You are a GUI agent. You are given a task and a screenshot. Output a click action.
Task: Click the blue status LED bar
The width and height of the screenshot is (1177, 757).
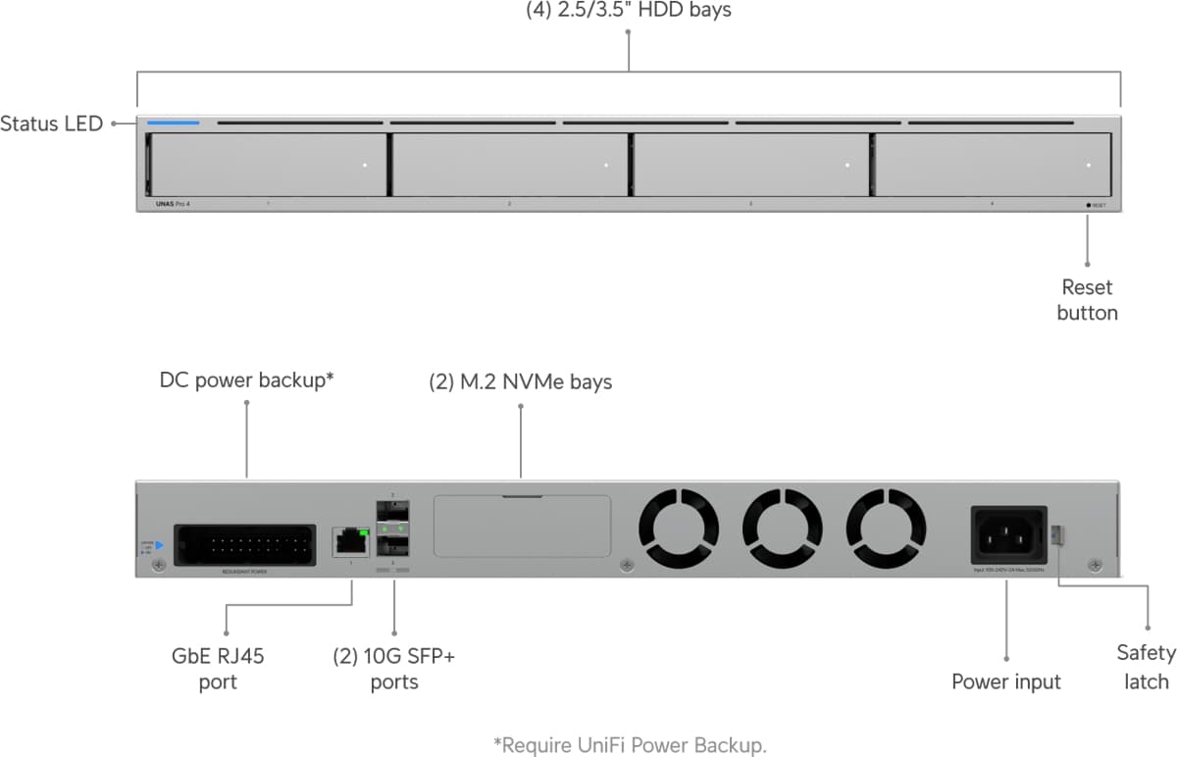coord(174,124)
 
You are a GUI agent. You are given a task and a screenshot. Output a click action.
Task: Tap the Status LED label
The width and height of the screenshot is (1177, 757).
coord(51,125)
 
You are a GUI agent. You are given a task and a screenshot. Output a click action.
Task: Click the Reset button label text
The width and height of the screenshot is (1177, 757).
coord(1087,300)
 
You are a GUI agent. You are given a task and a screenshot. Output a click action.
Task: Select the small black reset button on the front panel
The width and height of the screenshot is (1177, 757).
coord(1089,205)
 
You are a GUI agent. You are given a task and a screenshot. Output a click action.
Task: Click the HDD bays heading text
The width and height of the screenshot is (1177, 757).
coord(629,12)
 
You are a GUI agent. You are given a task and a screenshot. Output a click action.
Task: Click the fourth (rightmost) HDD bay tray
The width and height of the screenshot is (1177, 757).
coord(992,165)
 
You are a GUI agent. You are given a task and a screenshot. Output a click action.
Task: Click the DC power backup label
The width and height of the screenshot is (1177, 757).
coord(247,380)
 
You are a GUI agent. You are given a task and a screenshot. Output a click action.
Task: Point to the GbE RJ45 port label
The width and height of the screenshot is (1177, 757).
coord(218,669)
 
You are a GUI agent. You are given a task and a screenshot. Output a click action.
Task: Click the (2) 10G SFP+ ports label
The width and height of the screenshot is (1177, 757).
coord(393,669)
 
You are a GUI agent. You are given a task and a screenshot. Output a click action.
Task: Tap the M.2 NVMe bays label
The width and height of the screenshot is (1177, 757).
coord(520,381)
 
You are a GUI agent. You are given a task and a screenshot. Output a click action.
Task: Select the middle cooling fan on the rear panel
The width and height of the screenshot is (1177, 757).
coord(782,528)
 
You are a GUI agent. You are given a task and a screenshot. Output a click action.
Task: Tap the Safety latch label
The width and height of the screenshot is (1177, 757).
coord(1146,667)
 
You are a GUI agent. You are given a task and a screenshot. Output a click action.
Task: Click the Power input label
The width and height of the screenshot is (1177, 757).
coord(1006,681)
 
